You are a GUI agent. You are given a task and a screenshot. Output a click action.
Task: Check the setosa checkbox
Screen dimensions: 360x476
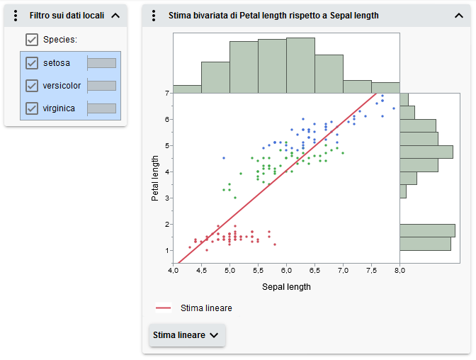coord(31,63)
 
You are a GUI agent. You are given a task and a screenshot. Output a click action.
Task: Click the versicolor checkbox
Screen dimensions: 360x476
coord(31,86)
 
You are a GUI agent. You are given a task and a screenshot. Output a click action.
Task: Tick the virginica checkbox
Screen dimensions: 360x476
coord(31,108)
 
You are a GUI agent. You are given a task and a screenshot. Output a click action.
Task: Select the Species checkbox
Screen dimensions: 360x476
coord(31,40)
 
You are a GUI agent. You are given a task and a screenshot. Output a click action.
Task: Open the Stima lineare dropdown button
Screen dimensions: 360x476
coord(187,335)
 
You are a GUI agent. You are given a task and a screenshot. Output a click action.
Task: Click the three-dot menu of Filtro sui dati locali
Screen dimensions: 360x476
coord(16,16)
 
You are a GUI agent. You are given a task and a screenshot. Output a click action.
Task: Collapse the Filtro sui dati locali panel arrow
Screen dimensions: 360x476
coord(116,16)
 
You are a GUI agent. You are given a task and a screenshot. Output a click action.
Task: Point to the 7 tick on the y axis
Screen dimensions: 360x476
coord(166,93)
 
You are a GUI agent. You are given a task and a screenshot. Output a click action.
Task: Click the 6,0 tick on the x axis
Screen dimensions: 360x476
coord(286,271)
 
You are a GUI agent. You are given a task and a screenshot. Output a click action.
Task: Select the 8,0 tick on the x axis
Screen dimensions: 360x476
coord(399,271)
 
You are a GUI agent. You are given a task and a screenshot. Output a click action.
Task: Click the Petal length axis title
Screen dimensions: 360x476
coord(154,179)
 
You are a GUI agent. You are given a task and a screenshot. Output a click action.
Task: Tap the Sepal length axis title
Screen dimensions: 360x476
coord(286,287)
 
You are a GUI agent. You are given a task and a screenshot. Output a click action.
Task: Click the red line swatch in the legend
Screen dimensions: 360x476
coord(164,308)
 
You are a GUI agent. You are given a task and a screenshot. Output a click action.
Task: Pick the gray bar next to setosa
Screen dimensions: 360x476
coord(101,63)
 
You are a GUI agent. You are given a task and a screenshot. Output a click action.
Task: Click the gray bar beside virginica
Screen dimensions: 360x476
coord(101,108)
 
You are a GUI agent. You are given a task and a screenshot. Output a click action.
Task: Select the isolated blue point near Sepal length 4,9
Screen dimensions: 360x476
coord(224,157)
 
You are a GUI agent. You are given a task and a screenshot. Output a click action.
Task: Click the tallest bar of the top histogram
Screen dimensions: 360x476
coord(272,66)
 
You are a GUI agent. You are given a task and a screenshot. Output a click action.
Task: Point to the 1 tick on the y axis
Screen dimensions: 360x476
coord(166,250)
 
